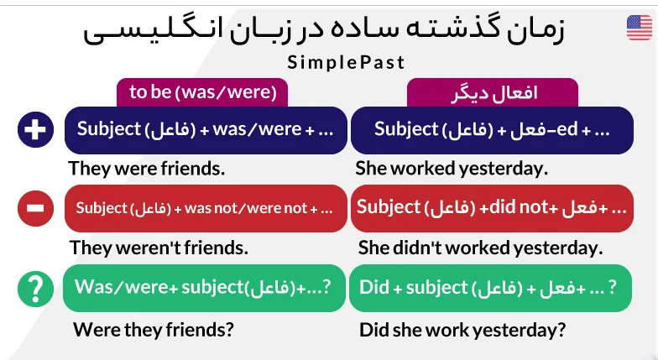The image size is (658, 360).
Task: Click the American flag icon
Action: coord(640,28)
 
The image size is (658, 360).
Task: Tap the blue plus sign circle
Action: coord(35,129)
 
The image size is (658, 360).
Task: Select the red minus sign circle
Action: coord(35,208)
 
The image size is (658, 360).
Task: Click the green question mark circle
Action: coord(35,289)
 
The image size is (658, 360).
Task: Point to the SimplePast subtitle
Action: coord(346,62)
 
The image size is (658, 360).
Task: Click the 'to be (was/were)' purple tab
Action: coord(202,92)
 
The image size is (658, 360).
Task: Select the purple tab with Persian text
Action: coord(493,92)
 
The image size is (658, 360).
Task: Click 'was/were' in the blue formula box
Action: coord(257,129)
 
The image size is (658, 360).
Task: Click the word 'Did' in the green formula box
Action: coord(374,287)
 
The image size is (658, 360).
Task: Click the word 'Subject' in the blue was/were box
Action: coord(109,129)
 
